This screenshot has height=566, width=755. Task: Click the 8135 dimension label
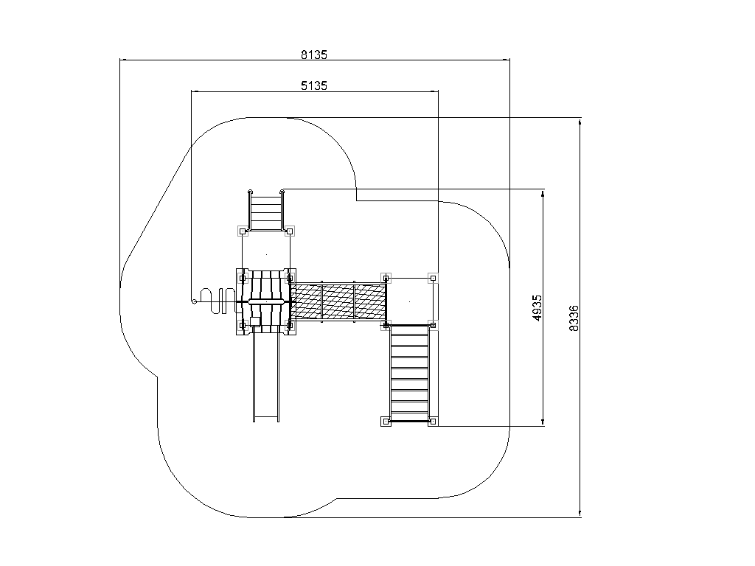(314, 55)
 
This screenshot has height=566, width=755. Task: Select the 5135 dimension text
(314, 85)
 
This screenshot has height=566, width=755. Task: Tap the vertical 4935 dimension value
(537, 308)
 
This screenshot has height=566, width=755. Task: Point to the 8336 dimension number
(574, 318)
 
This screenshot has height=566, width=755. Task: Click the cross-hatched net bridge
(338, 301)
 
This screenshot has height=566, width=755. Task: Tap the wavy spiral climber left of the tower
(217, 301)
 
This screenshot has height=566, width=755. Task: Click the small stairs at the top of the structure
(265, 210)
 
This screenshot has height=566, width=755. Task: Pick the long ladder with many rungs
(409, 373)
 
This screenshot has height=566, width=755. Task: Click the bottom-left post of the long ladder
(386, 422)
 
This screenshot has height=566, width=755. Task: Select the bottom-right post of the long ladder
(433, 422)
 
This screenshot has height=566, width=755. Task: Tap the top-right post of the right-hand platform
(433, 278)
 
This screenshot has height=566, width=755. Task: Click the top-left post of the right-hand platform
(386, 278)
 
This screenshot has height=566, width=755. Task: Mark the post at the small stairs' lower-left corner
(243, 231)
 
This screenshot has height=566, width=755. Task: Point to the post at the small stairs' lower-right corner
(289, 231)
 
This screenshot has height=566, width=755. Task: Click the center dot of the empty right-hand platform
(409, 301)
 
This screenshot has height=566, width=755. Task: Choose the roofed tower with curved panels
(266, 301)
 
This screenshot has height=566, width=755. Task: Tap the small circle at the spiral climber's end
(194, 301)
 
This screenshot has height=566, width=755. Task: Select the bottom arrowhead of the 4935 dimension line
(543, 422)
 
